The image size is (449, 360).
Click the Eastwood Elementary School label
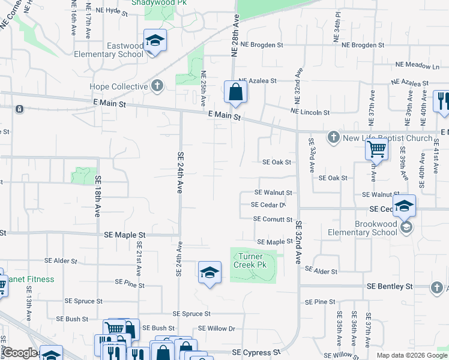click(x=117, y=50)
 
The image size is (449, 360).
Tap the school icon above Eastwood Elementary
click(x=155, y=41)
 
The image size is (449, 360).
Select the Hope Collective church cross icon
click(x=157, y=86)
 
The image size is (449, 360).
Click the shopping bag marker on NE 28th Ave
click(x=235, y=92)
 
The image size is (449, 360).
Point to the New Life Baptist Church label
click(x=388, y=139)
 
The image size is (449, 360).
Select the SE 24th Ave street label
click(x=179, y=172)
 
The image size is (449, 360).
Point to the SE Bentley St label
click(x=390, y=287)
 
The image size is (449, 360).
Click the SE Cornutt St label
click(x=273, y=220)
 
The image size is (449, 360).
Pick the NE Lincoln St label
click(x=310, y=112)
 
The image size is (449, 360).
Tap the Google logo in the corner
click(x=20, y=353)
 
